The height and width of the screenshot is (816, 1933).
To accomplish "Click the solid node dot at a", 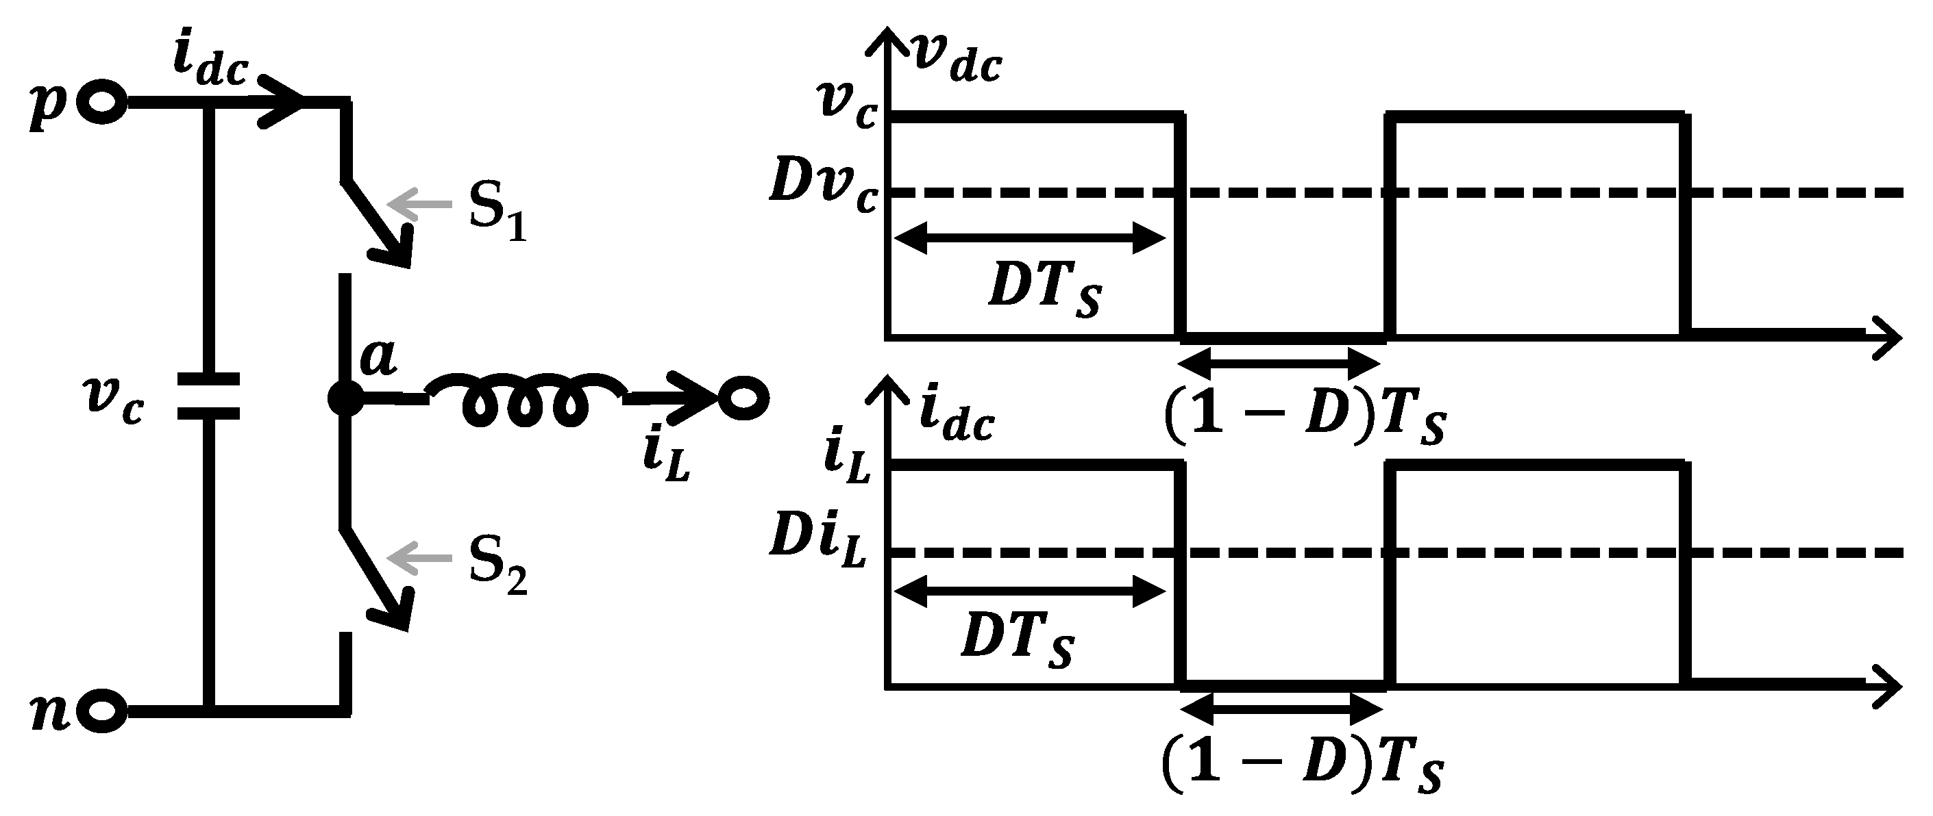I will [345, 399].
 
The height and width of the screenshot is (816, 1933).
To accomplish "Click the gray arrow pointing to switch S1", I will [420, 204].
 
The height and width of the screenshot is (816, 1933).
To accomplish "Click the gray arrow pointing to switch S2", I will [420, 559].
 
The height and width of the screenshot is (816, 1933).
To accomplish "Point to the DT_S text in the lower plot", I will [1018, 642].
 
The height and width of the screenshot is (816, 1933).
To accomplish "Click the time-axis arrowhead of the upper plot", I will [1888, 339].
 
